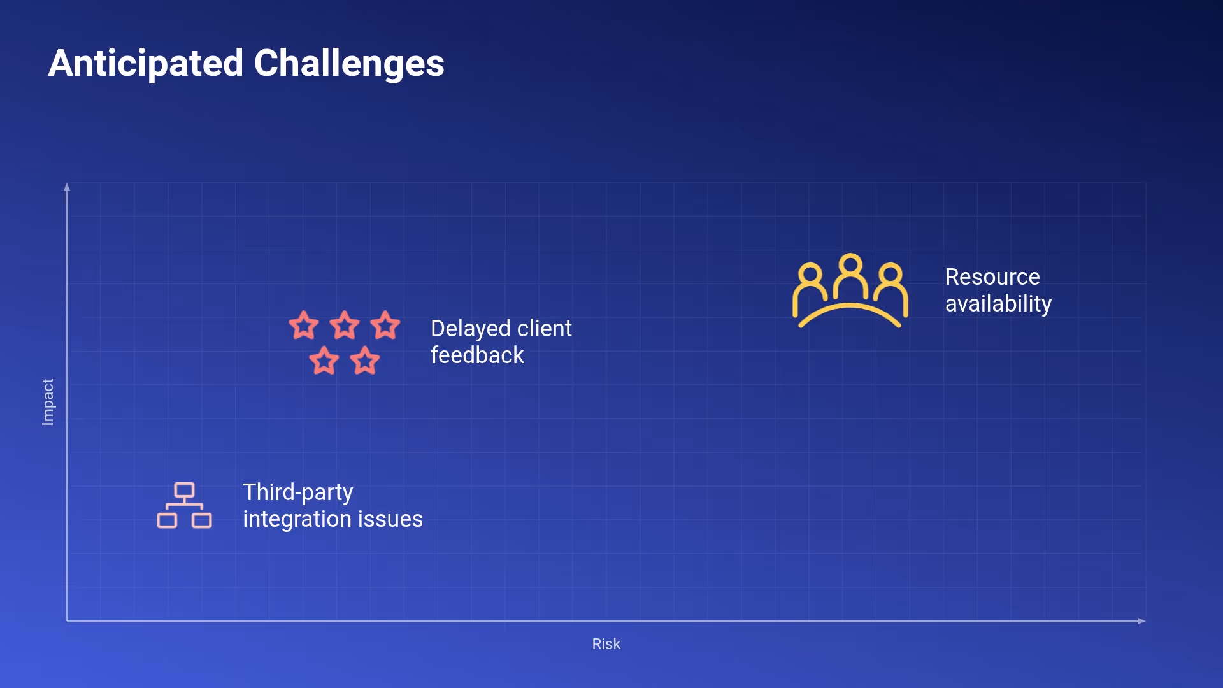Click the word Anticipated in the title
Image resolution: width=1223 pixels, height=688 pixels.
pyautogui.click(x=146, y=64)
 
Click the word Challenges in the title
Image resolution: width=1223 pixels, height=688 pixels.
pyautogui.click(x=349, y=64)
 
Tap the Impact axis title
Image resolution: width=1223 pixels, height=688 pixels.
pyautogui.click(x=48, y=402)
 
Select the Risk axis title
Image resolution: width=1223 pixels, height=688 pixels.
pyautogui.click(x=606, y=644)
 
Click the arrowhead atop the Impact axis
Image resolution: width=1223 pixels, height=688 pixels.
pyautogui.click(x=67, y=187)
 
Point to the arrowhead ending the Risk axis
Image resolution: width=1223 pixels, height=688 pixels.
pyautogui.click(x=1141, y=621)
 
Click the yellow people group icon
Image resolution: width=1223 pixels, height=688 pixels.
pyautogui.click(x=850, y=291)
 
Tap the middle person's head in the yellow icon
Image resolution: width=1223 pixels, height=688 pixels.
pyautogui.click(x=850, y=264)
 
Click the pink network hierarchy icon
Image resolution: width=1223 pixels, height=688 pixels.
pyautogui.click(x=184, y=506)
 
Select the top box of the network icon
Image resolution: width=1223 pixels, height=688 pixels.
pyautogui.click(x=184, y=490)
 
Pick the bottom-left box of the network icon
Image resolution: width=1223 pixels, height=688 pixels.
pyautogui.click(x=167, y=520)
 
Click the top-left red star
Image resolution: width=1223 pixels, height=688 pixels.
pyautogui.click(x=304, y=325)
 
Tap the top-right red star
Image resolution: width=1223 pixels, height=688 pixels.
pyautogui.click(x=385, y=325)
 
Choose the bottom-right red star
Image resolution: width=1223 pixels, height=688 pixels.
pyautogui.click(x=365, y=361)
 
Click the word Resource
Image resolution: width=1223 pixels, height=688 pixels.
pyautogui.click(x=992, y=277)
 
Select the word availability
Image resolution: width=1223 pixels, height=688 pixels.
pyautogui.click(x=998, y=304)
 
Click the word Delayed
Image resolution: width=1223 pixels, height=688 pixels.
pyautogui.click(x=470, y=329)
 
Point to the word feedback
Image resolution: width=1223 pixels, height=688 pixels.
pyautogui.click(x=477, y=355)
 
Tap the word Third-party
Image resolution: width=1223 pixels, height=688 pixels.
pyautogui.click(x=297, y=492)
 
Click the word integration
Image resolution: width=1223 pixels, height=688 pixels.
pyautogui.click(x=297, y=519)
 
